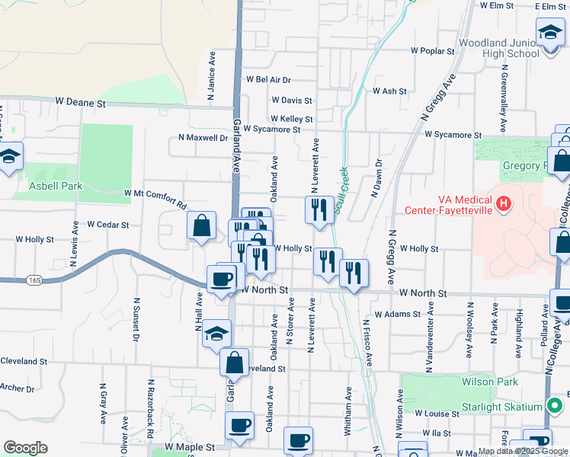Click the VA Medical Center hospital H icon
[503, 203]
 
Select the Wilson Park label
[489, 382]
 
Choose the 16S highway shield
[34, 280]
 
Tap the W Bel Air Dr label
[268, 79]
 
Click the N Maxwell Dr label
[203, 138]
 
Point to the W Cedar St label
[107, 225]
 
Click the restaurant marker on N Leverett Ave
[317, 209]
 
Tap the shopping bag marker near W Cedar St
[201, 225]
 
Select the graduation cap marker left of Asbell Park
[11, 158]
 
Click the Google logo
[25, 447]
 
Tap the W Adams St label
[398, 314]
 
